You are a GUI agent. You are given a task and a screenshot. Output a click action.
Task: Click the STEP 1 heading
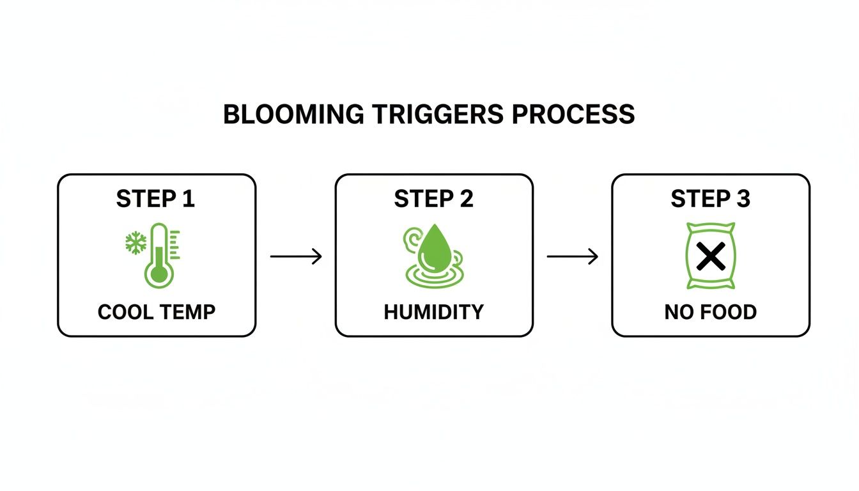[x=155, y=199]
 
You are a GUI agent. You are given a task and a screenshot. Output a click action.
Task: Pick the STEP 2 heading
[x=433, y=199]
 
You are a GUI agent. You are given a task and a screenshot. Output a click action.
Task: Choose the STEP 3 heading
[x=710, y=199]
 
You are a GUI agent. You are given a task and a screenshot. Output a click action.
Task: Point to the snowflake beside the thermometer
[x=135, y=243]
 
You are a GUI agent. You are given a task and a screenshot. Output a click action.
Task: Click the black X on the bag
[x=711, y=256]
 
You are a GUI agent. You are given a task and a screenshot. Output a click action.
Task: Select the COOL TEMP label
[x=157, y=312]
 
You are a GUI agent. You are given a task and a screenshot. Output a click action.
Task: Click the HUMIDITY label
[x=433, y=312]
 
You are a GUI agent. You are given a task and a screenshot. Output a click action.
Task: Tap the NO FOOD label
[x=710, y=312]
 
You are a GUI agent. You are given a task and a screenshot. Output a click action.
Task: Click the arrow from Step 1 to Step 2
[x=295, y=256]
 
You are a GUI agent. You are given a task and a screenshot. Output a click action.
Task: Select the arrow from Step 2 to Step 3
[x=572, y=256]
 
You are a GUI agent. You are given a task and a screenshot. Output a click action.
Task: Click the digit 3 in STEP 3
[x=743, y=199]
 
